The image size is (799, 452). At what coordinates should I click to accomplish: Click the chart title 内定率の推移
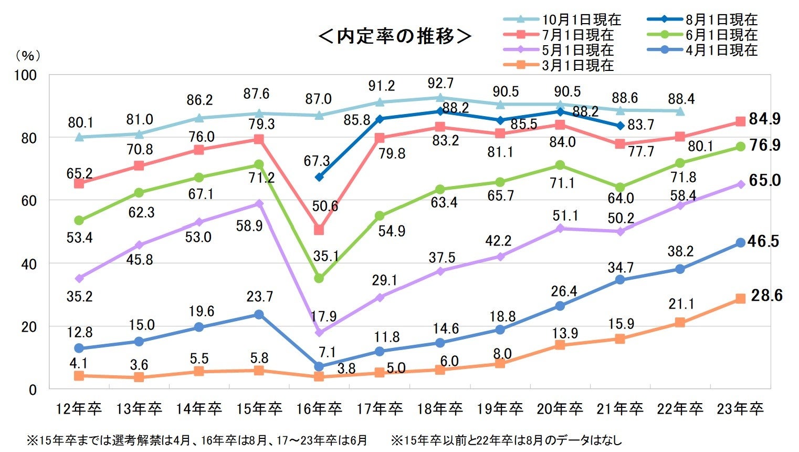395,36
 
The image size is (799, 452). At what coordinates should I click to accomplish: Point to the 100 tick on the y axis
25,75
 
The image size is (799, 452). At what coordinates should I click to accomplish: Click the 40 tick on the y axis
29,264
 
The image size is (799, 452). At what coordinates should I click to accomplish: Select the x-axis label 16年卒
319,408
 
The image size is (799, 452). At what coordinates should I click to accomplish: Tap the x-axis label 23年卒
740,408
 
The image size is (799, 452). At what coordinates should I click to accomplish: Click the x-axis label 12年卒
79,408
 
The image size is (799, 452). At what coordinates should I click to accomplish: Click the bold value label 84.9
765,119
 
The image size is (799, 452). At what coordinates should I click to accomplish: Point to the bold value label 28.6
766,296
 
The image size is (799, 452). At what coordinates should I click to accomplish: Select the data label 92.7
440,84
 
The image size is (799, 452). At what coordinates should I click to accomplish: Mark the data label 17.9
323,316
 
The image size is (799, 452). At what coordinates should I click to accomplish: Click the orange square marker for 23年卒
740,299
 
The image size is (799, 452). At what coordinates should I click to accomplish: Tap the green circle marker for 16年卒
319,278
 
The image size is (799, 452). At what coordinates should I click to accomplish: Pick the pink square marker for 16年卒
319,230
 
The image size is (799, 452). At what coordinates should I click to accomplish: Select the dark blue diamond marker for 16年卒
319,177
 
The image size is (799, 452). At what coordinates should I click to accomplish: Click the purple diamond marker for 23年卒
740,184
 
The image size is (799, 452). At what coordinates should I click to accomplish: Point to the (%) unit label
28,55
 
